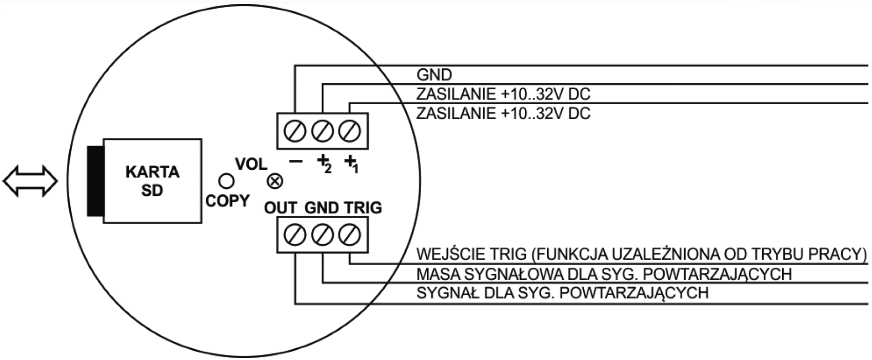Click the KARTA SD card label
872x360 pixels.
pos(152,181)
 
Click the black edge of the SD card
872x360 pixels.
pos(94,180)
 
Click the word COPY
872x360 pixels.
pos(227,201)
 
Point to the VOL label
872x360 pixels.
pos(251,164)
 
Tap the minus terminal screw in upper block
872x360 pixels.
pos(295,131)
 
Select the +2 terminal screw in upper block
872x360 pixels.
pos(323,131)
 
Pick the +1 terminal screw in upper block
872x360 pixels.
pos(349,131)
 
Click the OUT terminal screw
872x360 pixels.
pos(295,235)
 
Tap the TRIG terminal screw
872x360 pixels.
pos(349,235)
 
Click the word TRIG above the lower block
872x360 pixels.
pos(363,208)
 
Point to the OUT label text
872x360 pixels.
pos(281,208)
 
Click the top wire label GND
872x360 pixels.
pos(434,75)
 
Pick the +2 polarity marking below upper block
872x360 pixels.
pos(324,164)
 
